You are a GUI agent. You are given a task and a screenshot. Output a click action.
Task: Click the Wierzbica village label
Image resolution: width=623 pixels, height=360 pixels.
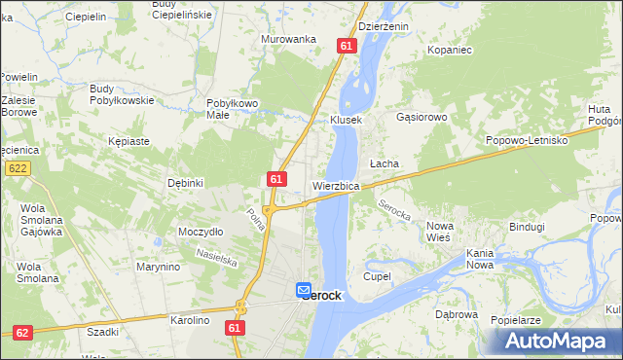[337, 185]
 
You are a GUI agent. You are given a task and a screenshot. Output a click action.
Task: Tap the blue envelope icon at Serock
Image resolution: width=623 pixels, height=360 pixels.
[303, 290]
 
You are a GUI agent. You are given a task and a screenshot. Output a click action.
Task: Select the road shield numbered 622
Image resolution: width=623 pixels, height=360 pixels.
[16, 168]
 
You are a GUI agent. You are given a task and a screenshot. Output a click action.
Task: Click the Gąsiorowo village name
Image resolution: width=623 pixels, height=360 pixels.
[421, 117]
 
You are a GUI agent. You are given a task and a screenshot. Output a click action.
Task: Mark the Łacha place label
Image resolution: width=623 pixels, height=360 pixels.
[384, 163]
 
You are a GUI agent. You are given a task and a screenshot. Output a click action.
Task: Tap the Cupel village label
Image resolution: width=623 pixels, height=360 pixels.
[377, 276]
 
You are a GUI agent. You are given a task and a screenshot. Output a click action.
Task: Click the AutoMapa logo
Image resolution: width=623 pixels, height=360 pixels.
[556, 341]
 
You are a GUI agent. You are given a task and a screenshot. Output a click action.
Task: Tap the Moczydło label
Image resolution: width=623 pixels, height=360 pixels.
[202, 232]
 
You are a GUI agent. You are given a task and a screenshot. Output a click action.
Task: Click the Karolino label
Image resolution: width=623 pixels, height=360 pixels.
[191, 319]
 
